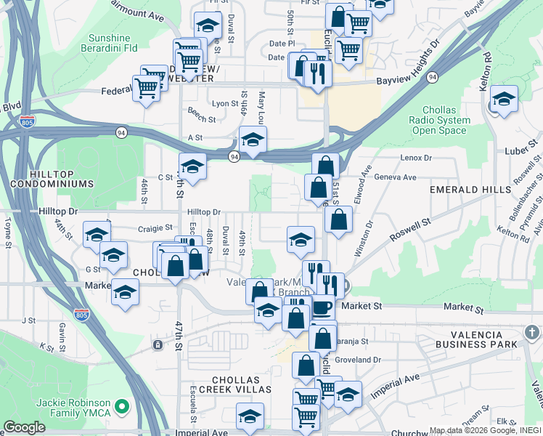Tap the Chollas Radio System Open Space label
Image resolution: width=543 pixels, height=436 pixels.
click(439, 120)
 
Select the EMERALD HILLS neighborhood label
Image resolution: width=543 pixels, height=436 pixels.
click(465, 190)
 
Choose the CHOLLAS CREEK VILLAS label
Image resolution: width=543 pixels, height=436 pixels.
click(242, 384)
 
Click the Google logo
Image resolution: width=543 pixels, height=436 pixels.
click(24, 427)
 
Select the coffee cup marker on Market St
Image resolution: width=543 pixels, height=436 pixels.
click(322, 307)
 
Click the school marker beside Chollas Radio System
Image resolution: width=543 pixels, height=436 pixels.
click(503, 100)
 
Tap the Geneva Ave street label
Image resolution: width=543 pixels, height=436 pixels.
click(395, 177)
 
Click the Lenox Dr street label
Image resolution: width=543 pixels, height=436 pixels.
click(415, 157)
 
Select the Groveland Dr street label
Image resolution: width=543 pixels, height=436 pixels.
click(359, 359)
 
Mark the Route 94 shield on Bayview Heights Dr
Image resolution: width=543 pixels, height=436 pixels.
click(433, 76)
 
